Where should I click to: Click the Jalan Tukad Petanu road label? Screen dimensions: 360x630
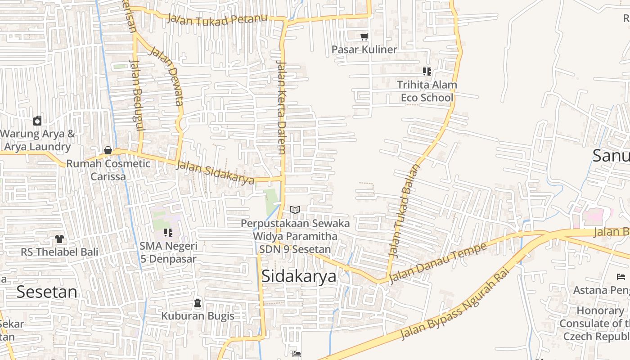(x=217, y=19)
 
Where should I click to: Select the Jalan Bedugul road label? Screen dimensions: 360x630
(x=136, y=94)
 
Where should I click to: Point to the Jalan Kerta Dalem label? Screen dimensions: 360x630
(x=282, y=108)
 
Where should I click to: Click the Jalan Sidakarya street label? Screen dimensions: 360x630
(x=215, y=172)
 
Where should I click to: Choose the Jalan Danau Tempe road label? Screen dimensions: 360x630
(x=437, y=263)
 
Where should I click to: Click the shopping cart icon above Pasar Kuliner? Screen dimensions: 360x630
(x=364, y=36)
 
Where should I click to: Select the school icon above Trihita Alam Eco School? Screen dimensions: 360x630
(x=427, y=71)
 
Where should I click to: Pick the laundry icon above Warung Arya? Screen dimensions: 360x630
(x=37, y=121)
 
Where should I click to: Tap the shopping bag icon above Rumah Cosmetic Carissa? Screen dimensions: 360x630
(x=108, y=150)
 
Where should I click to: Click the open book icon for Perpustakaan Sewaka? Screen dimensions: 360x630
(x=295, y=210)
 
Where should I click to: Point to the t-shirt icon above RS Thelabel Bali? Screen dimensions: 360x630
(x=59, y=238)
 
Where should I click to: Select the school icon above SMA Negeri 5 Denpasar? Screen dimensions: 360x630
(x=168, y=233)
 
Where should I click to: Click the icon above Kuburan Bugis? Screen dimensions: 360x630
(x=198, y=303)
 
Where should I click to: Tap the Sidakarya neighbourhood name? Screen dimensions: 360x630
(x=298, y=276)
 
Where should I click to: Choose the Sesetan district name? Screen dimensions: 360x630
(x=47, y=292)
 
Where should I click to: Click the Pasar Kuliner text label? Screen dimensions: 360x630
(x=364, y=49)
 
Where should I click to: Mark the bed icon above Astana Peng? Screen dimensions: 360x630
(x=621, y=276)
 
